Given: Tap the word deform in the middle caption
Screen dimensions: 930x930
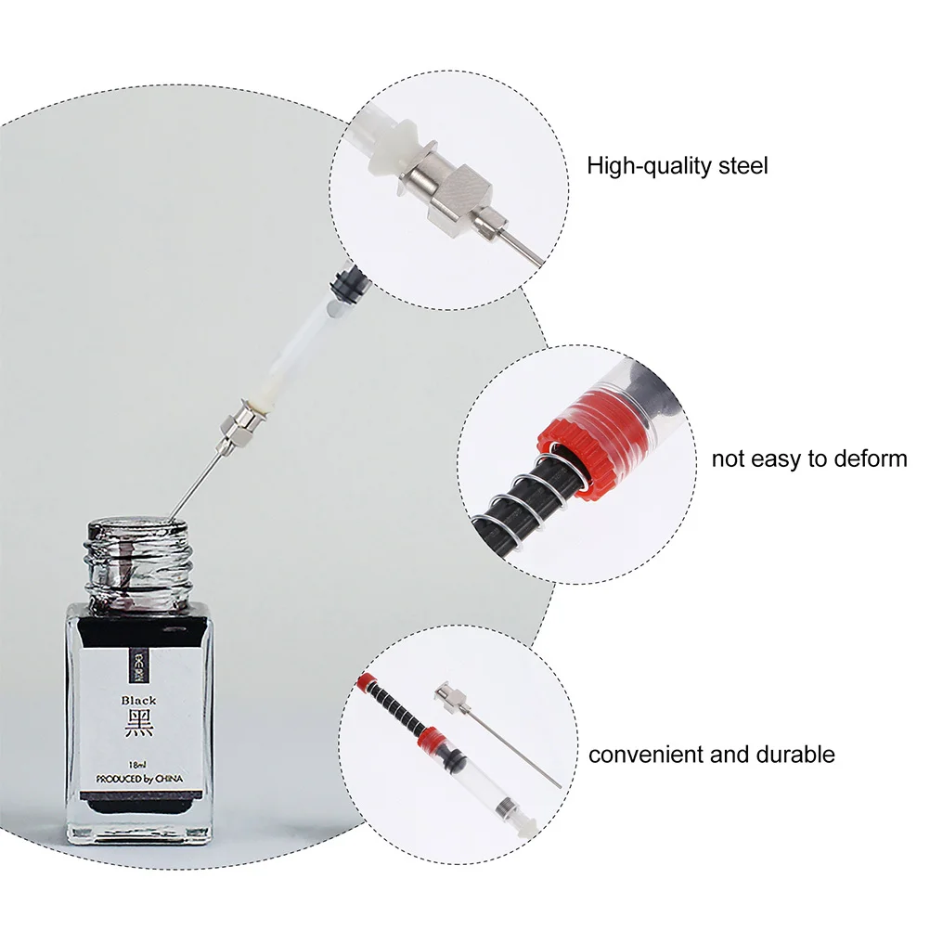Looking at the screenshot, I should (869, 459).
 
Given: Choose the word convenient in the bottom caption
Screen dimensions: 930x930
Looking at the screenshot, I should (647, 754).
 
